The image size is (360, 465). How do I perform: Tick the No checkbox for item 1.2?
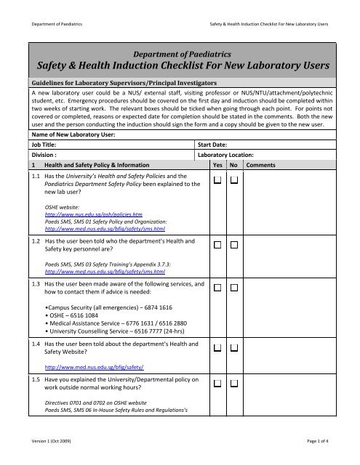pyautogui.click(x=234, y=246)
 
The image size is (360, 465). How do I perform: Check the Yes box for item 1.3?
pyautogui.click(x=217, y=288)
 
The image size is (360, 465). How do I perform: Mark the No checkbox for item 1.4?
pyautogui.click(x=234, y=350)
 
